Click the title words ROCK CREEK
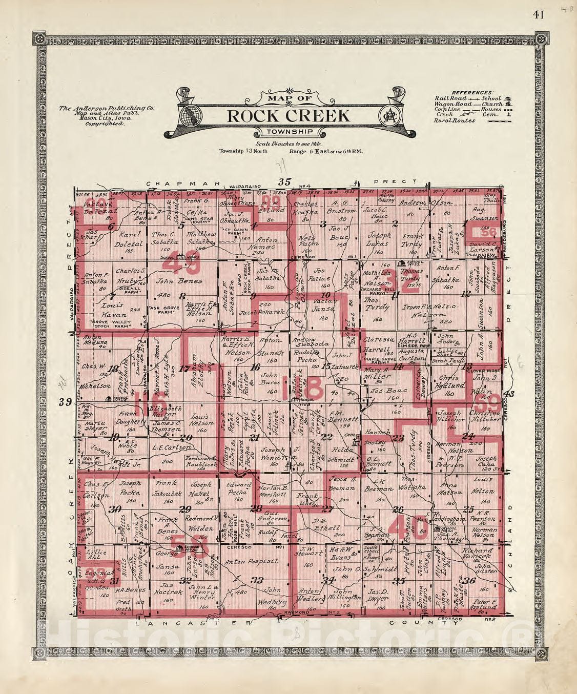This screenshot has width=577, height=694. click(x=288, y=116)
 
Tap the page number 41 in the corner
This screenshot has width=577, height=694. click(x=538, y=14)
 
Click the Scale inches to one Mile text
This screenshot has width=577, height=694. click(x=288, y=145)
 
